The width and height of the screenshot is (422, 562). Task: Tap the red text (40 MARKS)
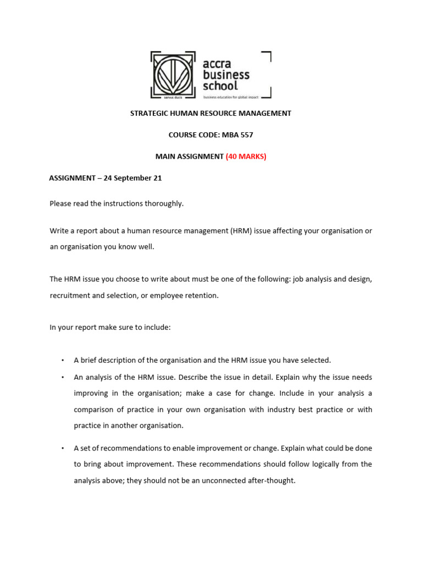pyautogui.click(x=246, y=156)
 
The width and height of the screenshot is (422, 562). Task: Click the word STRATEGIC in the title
pyautogui.click(x=149, y=114)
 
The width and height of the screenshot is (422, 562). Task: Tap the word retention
pyautogui.click(x=203, y=295)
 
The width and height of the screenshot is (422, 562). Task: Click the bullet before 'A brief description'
pyautogui.click(x=63, y=361)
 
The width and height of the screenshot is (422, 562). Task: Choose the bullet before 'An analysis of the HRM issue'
pyautogui.click(x=63, y=378)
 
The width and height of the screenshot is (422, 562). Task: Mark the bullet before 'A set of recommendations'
pyautogui.click(x=63, y=448)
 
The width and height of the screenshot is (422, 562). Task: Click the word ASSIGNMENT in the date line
pyautogui.click(x=71, y=178)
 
